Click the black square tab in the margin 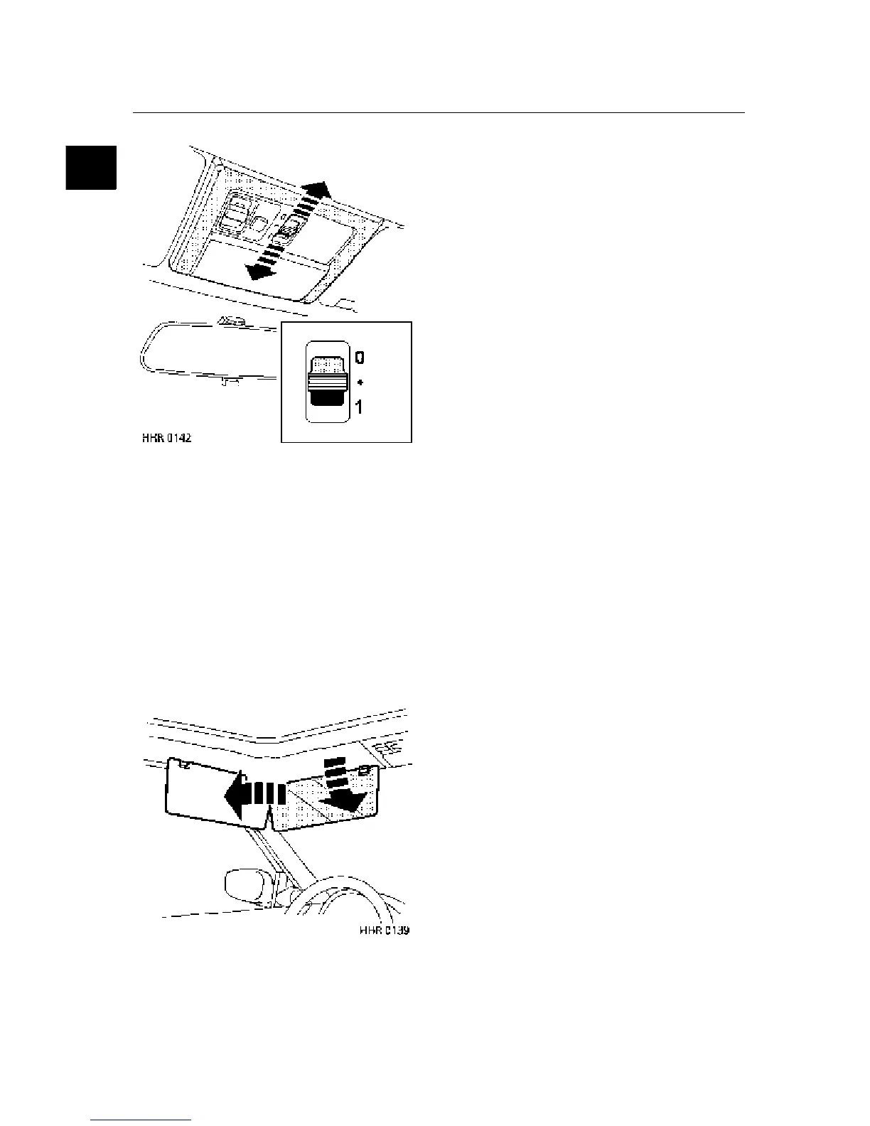(x=91, y=167)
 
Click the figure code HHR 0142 (x=166, y=437)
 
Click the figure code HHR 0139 (x=385, y=930)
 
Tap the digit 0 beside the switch (x=360, y=358)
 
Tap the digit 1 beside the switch (x=360, y=407)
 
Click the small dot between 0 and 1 (x=360, y=382)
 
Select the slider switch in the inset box (x=326, y=382)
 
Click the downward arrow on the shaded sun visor (x=343, y=799)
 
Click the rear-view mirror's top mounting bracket (x=230, y=321)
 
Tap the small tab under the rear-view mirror (x=226, y=382)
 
